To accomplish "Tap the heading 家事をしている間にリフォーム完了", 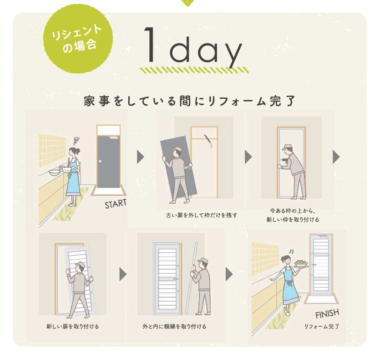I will pyautogui.click(x=190, y=101).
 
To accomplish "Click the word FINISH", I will pyautogui.click(x=327, y=314).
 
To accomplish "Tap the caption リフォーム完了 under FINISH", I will pyautogui.click(x=322, y=326).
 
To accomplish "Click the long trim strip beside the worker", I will pyautogui.click(x=190, y=279).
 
